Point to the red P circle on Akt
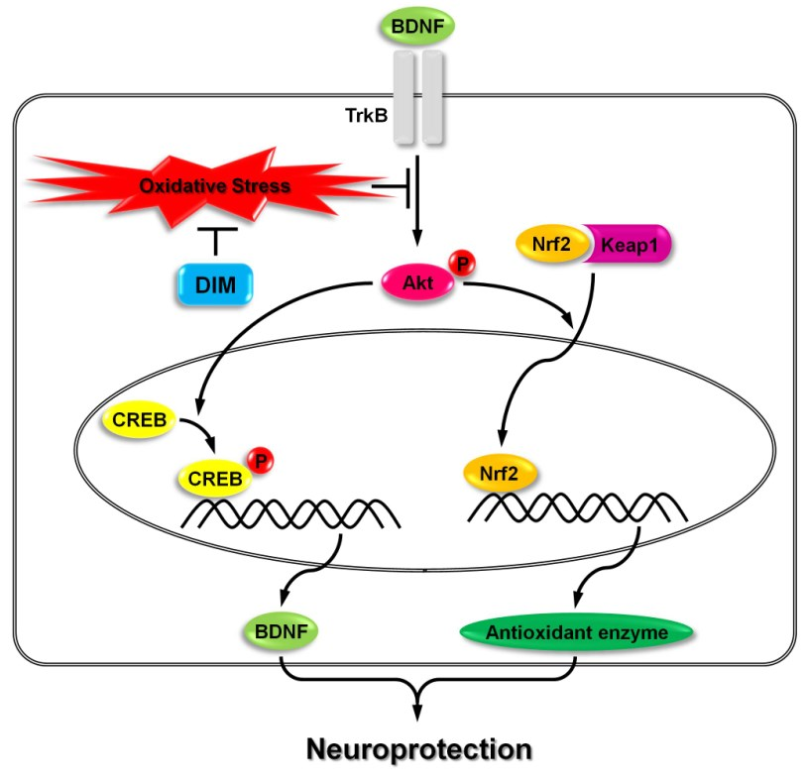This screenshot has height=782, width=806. click(461, 263)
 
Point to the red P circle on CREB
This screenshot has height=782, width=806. click(260, 460)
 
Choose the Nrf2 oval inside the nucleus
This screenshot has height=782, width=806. click(501, 472)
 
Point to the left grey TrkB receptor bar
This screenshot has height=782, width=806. click(403, 99)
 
